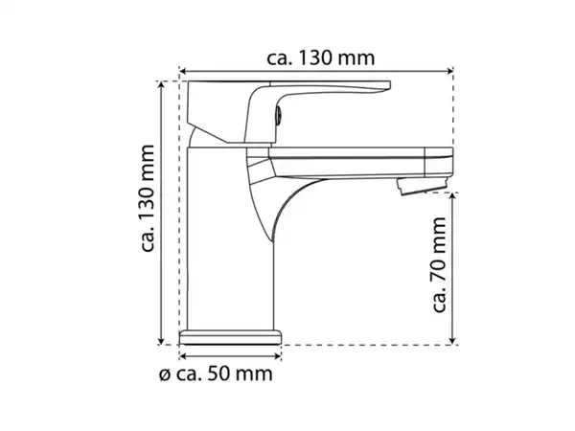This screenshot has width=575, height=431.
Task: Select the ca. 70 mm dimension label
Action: coord(440,264)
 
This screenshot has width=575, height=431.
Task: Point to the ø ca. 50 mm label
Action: coord(221,372)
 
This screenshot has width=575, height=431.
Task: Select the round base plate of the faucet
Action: coord(230,336)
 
